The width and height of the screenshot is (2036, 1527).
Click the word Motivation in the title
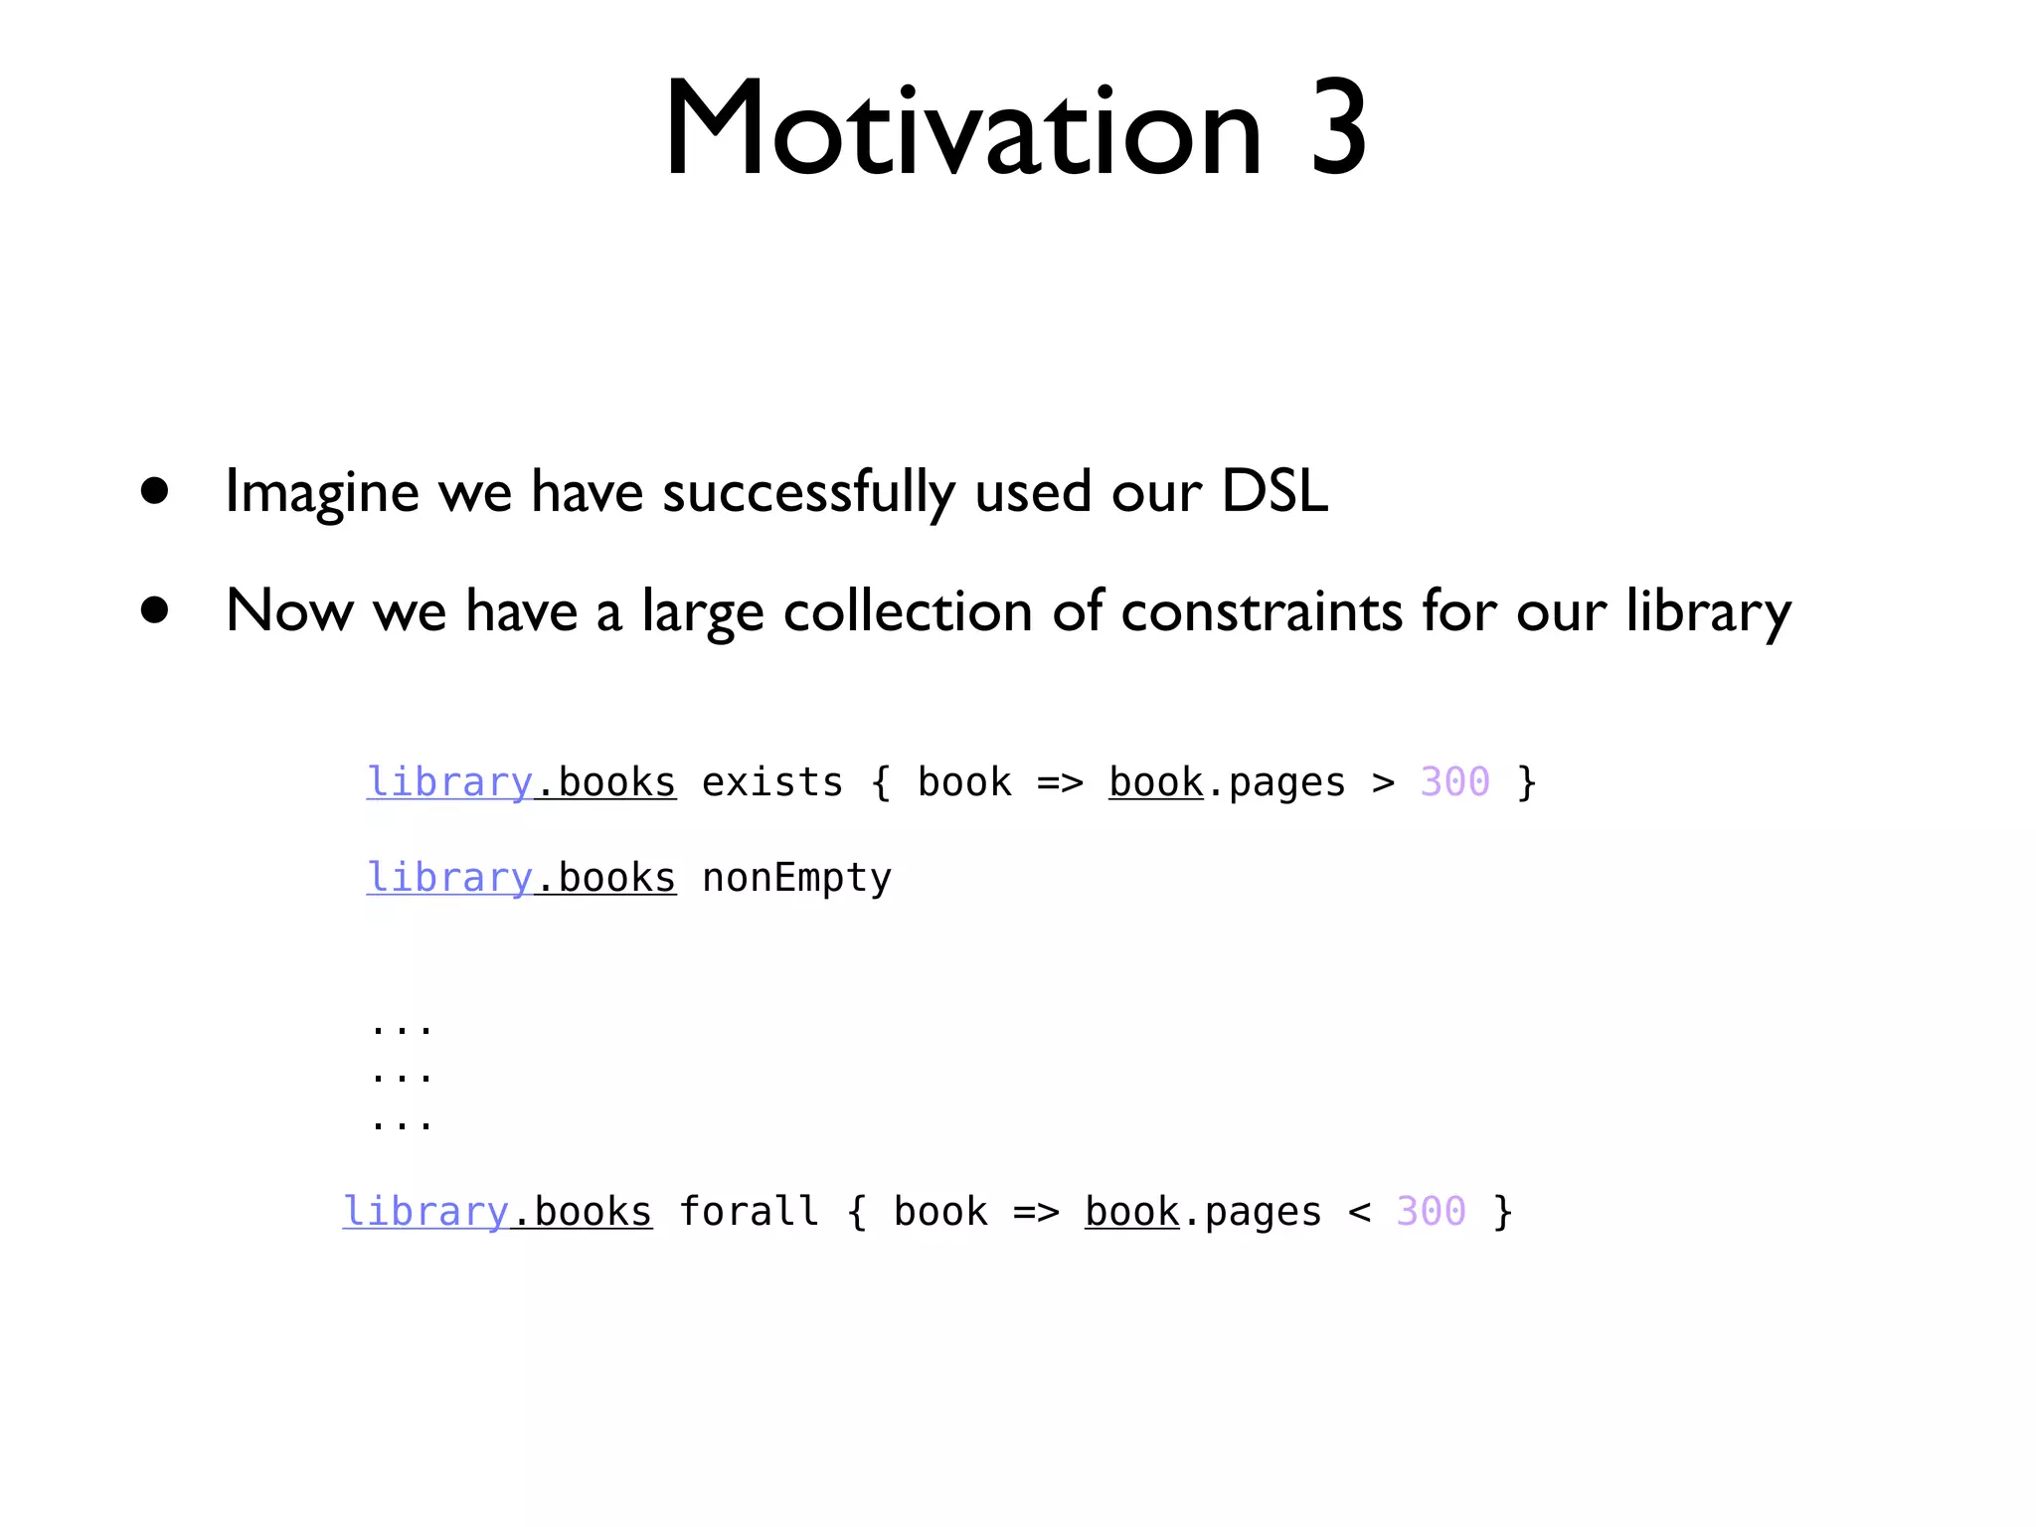[x=962, y=129]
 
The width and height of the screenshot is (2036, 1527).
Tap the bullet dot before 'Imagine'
[x=154, y=490]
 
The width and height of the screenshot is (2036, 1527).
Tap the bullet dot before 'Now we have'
[x=154, y=609]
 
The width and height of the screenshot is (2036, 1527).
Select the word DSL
[x=1274, y=490]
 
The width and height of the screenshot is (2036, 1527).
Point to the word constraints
[x=1262, y=610]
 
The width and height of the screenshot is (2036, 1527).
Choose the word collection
[x=908, y=610]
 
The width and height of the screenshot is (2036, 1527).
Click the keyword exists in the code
[x=772, y=782]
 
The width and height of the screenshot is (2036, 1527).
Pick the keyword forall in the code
[x=749, y=1212]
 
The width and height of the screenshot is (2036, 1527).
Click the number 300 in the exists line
[x=1454, y=782]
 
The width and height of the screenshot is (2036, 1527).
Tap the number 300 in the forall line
[x=1431, y=1212]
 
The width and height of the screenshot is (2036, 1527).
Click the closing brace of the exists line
[x=1527, y=783]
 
